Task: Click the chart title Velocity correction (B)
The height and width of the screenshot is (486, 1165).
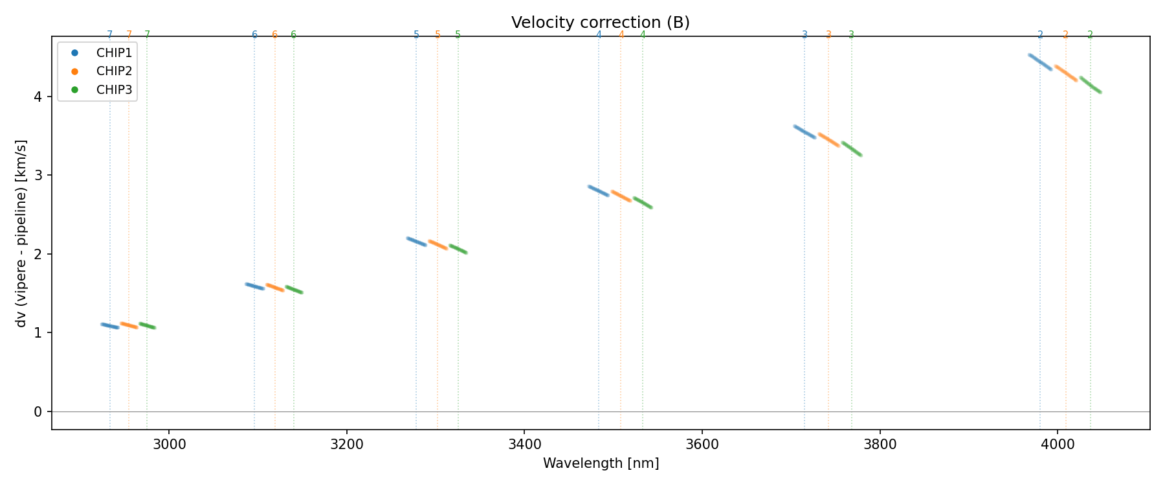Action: pos(600,23)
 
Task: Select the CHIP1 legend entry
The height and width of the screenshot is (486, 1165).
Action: pos(114,53)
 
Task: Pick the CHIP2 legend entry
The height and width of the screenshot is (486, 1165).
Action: pos(114,71)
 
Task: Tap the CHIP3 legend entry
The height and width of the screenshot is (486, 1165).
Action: pos(114,90)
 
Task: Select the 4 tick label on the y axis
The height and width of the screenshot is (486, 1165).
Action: pos(38,97)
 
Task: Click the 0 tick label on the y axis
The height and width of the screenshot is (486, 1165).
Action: pos(38,411)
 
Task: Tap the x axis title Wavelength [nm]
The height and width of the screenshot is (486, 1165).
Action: pos(600,463)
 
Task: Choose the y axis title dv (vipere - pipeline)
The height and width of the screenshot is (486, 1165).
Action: pos(22,233)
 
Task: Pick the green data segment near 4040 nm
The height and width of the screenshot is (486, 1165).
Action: pos(1090,85)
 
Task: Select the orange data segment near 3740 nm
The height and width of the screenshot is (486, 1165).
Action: pos(828,140)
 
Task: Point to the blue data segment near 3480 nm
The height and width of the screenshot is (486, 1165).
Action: pos(599,191)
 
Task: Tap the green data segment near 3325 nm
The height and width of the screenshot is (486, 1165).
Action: pos(458,249)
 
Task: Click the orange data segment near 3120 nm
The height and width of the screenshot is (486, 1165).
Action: pos(275,287)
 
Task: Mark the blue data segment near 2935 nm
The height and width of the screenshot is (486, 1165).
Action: pos(110,326)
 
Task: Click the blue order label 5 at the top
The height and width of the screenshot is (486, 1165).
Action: pos(416,35)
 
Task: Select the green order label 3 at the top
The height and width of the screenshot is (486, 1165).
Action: pos(851,35)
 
